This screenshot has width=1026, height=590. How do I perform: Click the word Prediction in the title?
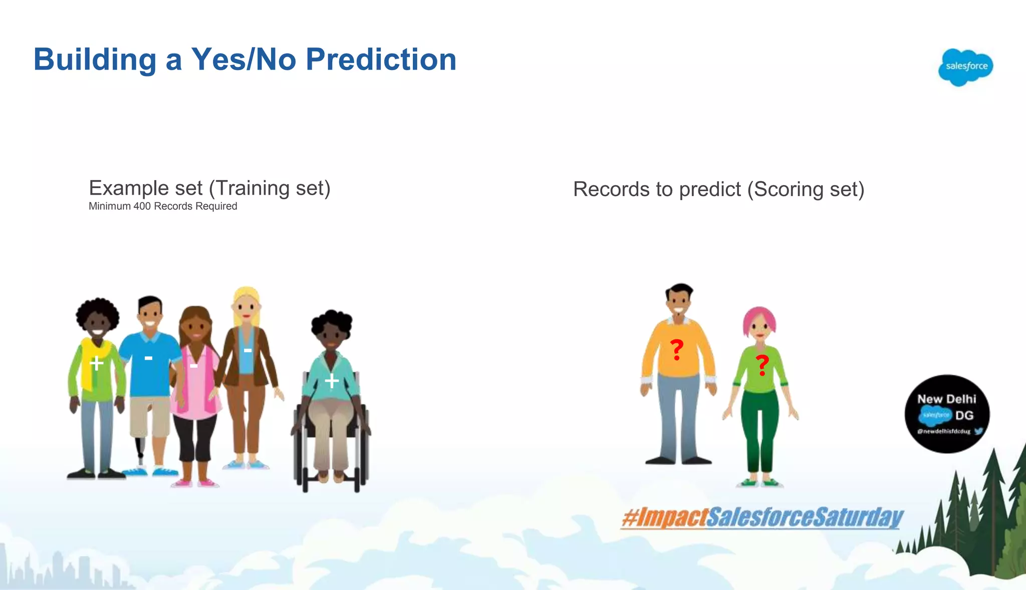pos(381,60)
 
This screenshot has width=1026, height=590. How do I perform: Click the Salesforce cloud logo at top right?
pos(965,67)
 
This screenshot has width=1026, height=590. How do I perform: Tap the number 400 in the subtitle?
pos(142,206)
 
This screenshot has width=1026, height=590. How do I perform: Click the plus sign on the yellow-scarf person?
pos(96,362)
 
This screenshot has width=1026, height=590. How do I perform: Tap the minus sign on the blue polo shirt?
pos(148,358)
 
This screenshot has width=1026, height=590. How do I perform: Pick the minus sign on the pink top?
pos(193,366)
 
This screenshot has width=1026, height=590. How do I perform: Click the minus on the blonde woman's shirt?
pos(247,350)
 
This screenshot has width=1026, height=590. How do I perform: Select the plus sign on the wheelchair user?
pos(332,381)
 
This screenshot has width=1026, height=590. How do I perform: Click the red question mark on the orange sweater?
pos(677,349)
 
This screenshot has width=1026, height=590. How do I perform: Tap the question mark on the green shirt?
pos(762,365)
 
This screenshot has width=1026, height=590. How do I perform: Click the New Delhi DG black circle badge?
pos(946,413)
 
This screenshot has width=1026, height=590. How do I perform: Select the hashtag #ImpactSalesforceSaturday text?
pos(761,517)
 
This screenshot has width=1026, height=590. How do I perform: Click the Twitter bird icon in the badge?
pos(978,431)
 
